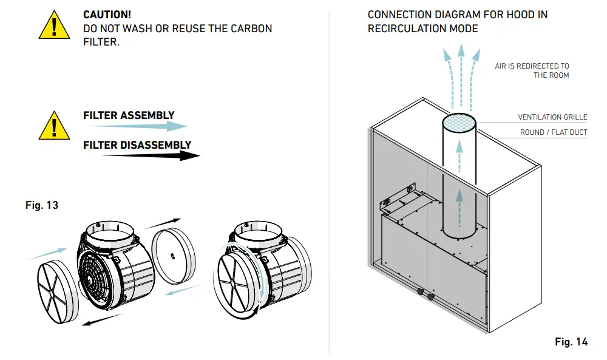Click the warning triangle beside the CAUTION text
click(54, 25)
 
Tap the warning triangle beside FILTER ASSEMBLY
click(54, 126)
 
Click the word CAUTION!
click(107, 15)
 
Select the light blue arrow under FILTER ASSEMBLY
click(138, 126)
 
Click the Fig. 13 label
click(42, 205)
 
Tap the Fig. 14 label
click(571, 342)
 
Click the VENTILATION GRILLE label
click(552, 117)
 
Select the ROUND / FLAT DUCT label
click(554, 132)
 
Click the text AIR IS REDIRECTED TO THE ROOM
click(532, 70)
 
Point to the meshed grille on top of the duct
click(459, 123)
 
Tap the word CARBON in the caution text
click(251, 29)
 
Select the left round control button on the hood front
click(421, 291)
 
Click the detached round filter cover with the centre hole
click(173, 256)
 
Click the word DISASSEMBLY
click(155, 145)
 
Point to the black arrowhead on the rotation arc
click(255, 310)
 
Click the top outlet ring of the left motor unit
click(109, 234)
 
